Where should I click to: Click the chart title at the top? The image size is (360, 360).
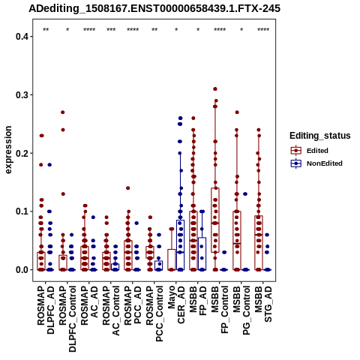point(154,8)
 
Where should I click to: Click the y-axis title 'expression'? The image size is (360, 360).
point(8,150)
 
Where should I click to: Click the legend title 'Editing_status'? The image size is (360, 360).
point(320,136)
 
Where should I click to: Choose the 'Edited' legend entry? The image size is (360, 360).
point(310,151)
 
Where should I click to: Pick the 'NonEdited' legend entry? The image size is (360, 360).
point(316,163)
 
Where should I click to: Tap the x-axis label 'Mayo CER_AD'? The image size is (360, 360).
point(176,304)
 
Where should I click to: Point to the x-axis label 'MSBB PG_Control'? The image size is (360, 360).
point(241,310)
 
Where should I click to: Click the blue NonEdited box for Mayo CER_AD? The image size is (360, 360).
point(181,245)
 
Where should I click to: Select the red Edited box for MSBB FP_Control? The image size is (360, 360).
point(215,220)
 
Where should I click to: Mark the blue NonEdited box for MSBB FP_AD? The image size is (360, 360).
point(202,253)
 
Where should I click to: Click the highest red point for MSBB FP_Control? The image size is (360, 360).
point(215,89)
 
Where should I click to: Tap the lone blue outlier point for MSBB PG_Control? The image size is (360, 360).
point(245,194)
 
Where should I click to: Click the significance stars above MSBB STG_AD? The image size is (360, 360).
point(263,30)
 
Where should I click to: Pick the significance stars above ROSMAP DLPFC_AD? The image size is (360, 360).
point(46,30)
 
